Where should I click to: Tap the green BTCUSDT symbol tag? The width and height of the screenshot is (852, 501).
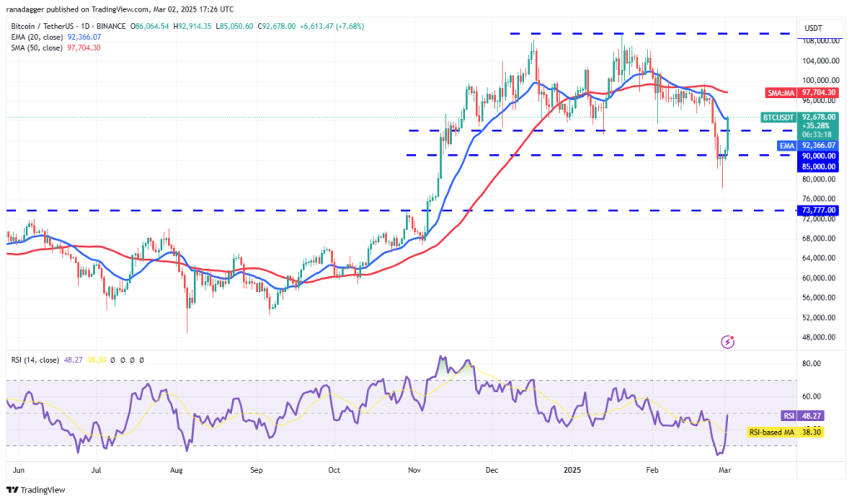pyautogui.click(x=779, y=118)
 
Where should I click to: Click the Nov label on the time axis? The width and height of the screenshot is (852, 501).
pyautogui.click(x=414, y=469)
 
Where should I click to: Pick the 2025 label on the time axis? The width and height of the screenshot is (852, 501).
pyautogui.click(x=573, y=469)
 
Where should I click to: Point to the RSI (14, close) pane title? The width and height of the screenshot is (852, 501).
pyautogui.click(x=35, y=360)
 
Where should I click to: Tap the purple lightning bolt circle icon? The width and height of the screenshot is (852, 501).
pyautogui.click(x=728, y=341)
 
